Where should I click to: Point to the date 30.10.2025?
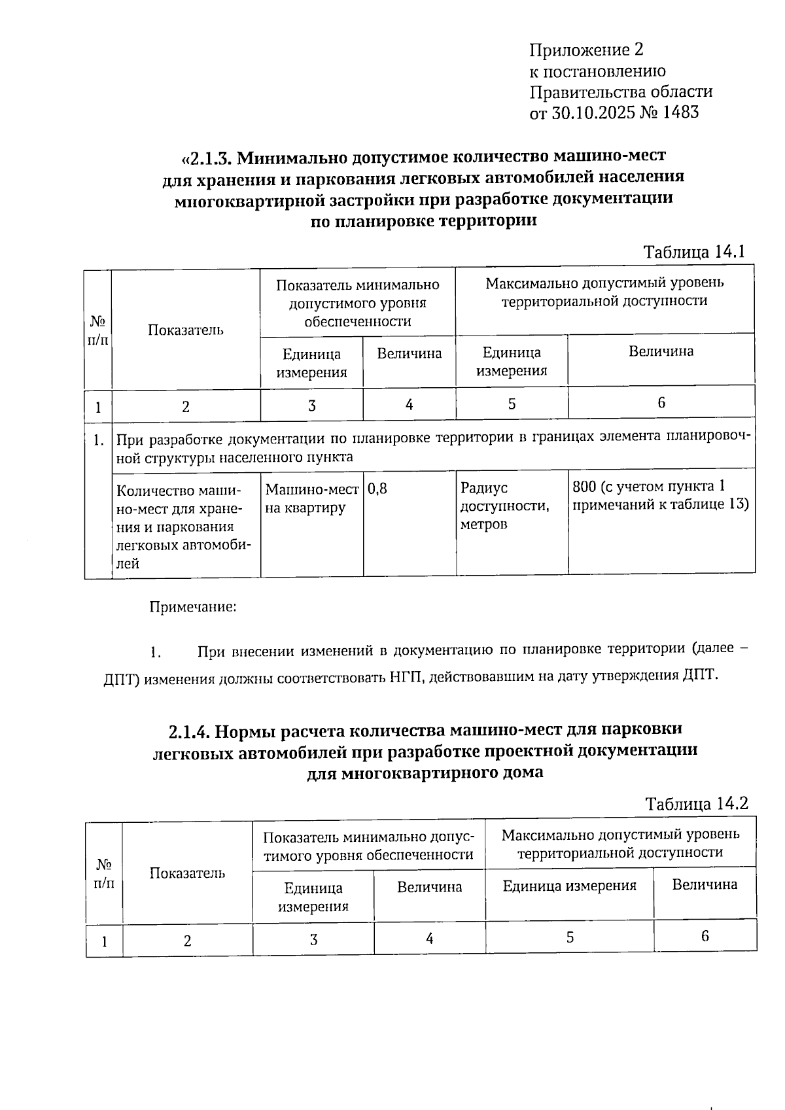click(593, 113)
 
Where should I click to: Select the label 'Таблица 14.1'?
click(694, 252)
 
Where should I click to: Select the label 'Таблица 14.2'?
click(696, 803)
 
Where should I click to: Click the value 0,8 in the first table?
click(377, 488)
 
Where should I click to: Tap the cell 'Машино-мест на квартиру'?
click(311, 498)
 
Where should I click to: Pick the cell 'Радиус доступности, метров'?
click(504, 506)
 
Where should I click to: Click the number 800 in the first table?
click(584, 487)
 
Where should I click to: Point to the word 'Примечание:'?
click(193, 607)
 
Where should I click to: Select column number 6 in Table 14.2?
click(705, 936)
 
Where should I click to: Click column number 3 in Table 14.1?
click(312, 406)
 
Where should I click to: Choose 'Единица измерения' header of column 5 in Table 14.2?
click(569, 886)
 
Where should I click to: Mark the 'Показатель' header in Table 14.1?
click(186, 330)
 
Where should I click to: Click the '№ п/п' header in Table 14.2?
click(103, 873)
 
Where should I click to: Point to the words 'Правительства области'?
click(620, 92)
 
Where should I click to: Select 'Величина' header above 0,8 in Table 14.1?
click(409, 354)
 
